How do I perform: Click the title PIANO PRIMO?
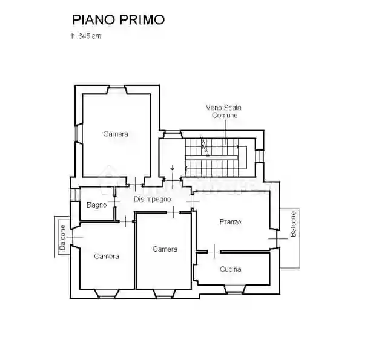click(118, 19)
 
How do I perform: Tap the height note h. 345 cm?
click(86, 36)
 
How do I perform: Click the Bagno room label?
click(97, 205)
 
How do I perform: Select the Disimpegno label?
click(152, 199)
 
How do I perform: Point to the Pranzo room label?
click(230, 222)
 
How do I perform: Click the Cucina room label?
click(231, 269)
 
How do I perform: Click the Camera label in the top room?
click(115, 134)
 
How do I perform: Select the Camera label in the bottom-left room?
click(107, 256)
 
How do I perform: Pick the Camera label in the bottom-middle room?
click(165, 249)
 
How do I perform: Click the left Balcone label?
click(62, 237)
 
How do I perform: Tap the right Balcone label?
click(294, 224)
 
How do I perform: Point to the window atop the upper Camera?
click(116, 90)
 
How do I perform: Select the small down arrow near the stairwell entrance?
click(173, 168)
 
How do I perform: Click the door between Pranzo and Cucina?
click(216, 250)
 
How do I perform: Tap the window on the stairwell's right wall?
click(260, 155)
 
